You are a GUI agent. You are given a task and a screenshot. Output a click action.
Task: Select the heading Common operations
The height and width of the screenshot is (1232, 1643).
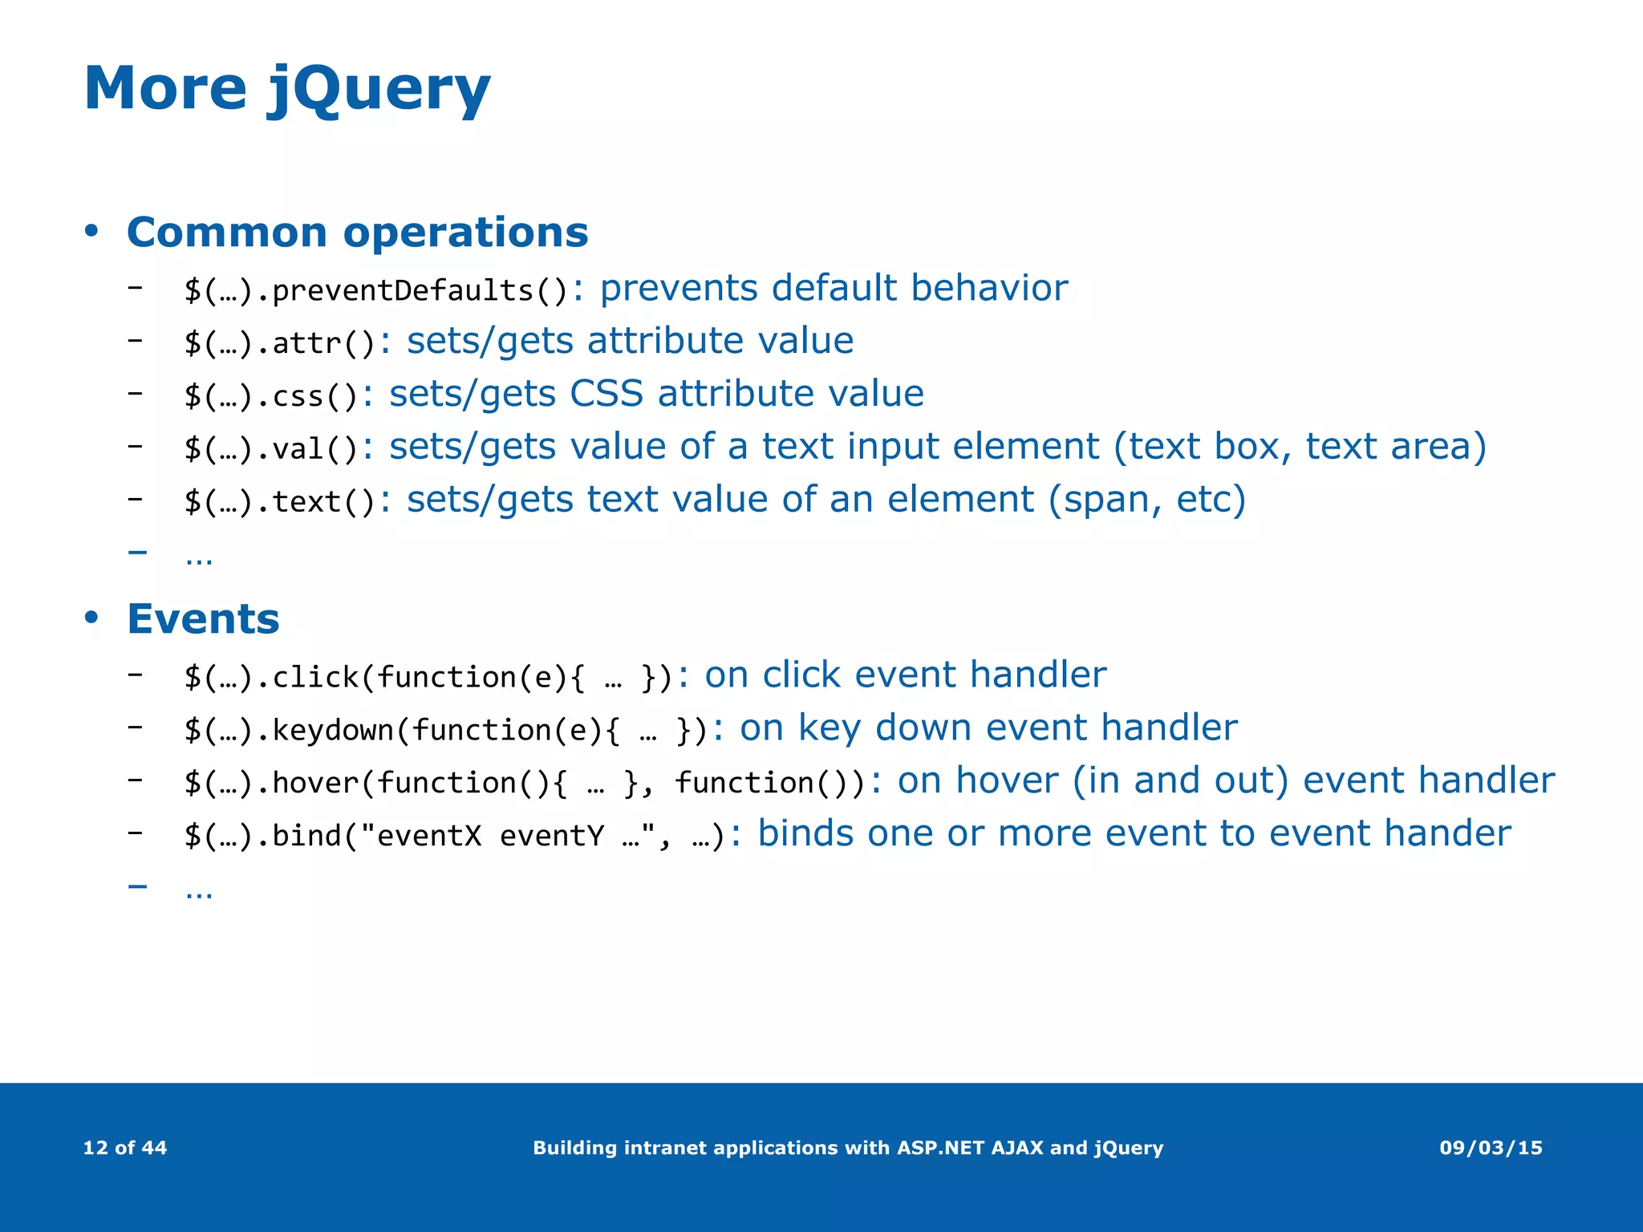click(x=357, y=233)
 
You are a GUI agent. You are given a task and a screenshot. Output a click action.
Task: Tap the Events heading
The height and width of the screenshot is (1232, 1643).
click(x=203, y=619)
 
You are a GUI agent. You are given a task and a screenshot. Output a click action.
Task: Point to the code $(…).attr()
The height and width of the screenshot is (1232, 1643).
click(x=280, y=343)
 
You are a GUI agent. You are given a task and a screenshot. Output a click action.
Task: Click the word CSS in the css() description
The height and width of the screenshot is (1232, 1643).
click(x=606, y=394)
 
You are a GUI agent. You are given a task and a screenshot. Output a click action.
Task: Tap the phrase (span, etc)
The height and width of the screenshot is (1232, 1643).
click(x=1147, y=500)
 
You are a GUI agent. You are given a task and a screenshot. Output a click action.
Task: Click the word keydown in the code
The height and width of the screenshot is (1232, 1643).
click(x=333, y=730)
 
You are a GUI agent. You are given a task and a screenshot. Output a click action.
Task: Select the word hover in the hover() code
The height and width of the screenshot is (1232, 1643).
click(x=315, y=783)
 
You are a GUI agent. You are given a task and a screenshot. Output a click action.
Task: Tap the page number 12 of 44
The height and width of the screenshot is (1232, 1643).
click(x=125, y=1148)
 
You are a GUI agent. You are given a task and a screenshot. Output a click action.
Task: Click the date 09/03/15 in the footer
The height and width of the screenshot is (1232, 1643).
click(x=1491, y=1148)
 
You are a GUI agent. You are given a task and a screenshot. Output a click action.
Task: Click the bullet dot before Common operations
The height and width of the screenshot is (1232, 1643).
click(x=91, y=232)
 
